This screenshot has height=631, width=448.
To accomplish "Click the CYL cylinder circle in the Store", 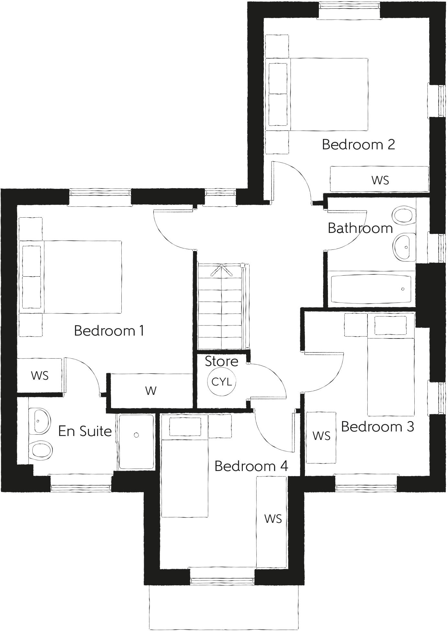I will pyautogui.click(x=222, y=382).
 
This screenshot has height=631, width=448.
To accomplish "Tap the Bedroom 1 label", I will pyautogui.click(x=109, y=331).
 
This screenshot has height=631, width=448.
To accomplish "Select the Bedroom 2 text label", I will pyautogui.click(x=358, y=144).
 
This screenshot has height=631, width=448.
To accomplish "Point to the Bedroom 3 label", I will pyautogui.click(x=377, y=427).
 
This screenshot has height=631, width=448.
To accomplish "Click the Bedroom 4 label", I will pyautogui.click(x=251, y=466).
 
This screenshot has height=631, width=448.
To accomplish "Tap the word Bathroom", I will pyautogui.click(x=360, y=228).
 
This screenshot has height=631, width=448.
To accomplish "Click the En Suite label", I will pyautogui.click(x=85, y=431).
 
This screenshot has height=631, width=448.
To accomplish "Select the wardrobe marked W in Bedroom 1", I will pyautogui.click(x=151, y=391).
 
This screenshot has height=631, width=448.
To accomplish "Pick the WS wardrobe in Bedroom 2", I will pyautogui.click(x=379, y=179).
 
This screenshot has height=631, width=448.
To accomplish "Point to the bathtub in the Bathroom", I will pyautogui.click(x=371, y=289).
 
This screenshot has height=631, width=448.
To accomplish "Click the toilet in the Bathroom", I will pyautogui.click(x=403, y=215).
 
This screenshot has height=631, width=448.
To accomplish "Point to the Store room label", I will pyautogui.click(x=222, y=361).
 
